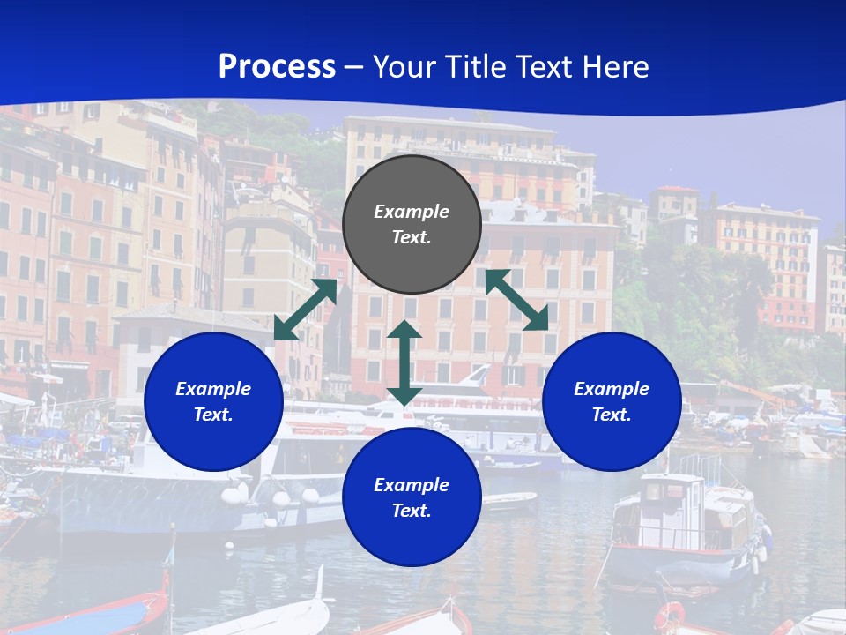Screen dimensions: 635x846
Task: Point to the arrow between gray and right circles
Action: [x=516, y=300]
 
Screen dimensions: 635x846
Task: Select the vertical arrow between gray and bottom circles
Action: [x=404, y=362]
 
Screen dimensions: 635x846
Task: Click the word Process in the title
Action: [x=277, y=67]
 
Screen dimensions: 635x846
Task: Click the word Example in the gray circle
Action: [x=412, y=212]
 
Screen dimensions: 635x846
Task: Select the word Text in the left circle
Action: [x=213, y=415]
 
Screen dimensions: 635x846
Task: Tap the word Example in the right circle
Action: [x=612, y=389]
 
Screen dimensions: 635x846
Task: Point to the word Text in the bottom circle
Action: [x=412, y=511]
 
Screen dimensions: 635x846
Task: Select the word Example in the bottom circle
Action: [x=412, y=485]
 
